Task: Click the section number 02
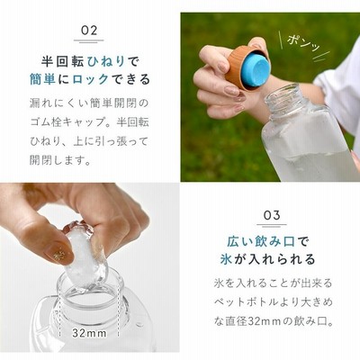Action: pos(89,31)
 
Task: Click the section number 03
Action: pos(272,215)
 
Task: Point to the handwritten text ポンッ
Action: pos(303,44)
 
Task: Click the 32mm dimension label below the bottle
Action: pos(89,333)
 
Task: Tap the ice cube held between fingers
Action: pos(85,255)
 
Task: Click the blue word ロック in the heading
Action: pos(90,79)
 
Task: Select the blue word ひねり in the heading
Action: pos(105,61)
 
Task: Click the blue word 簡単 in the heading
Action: pos(42,79)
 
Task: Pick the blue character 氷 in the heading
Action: pos(226,259)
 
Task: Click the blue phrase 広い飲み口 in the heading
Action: pos(261,241)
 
